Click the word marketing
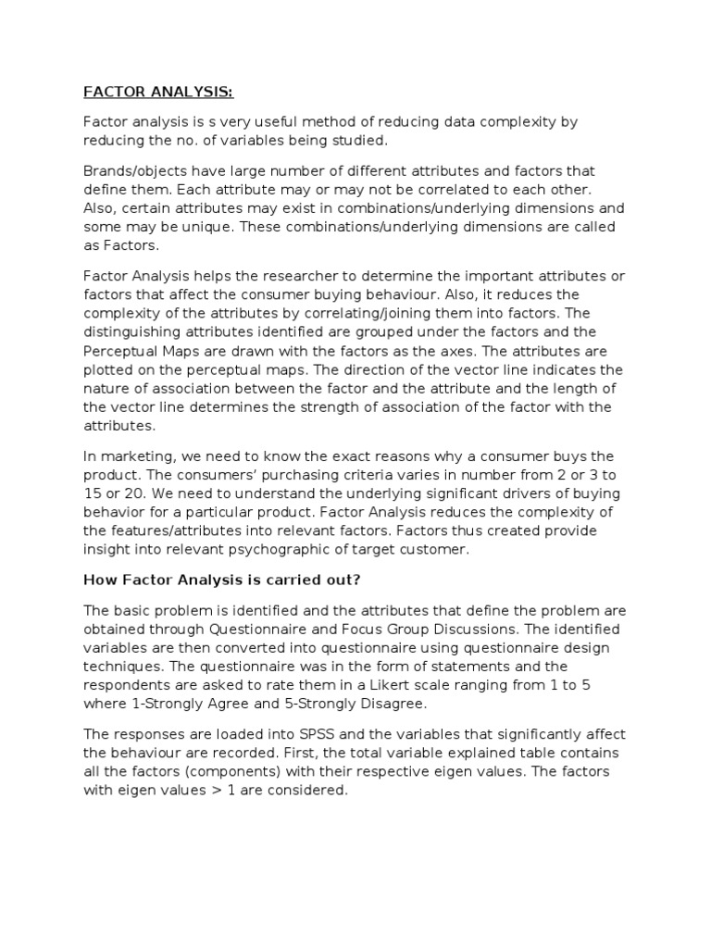(136, 456)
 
